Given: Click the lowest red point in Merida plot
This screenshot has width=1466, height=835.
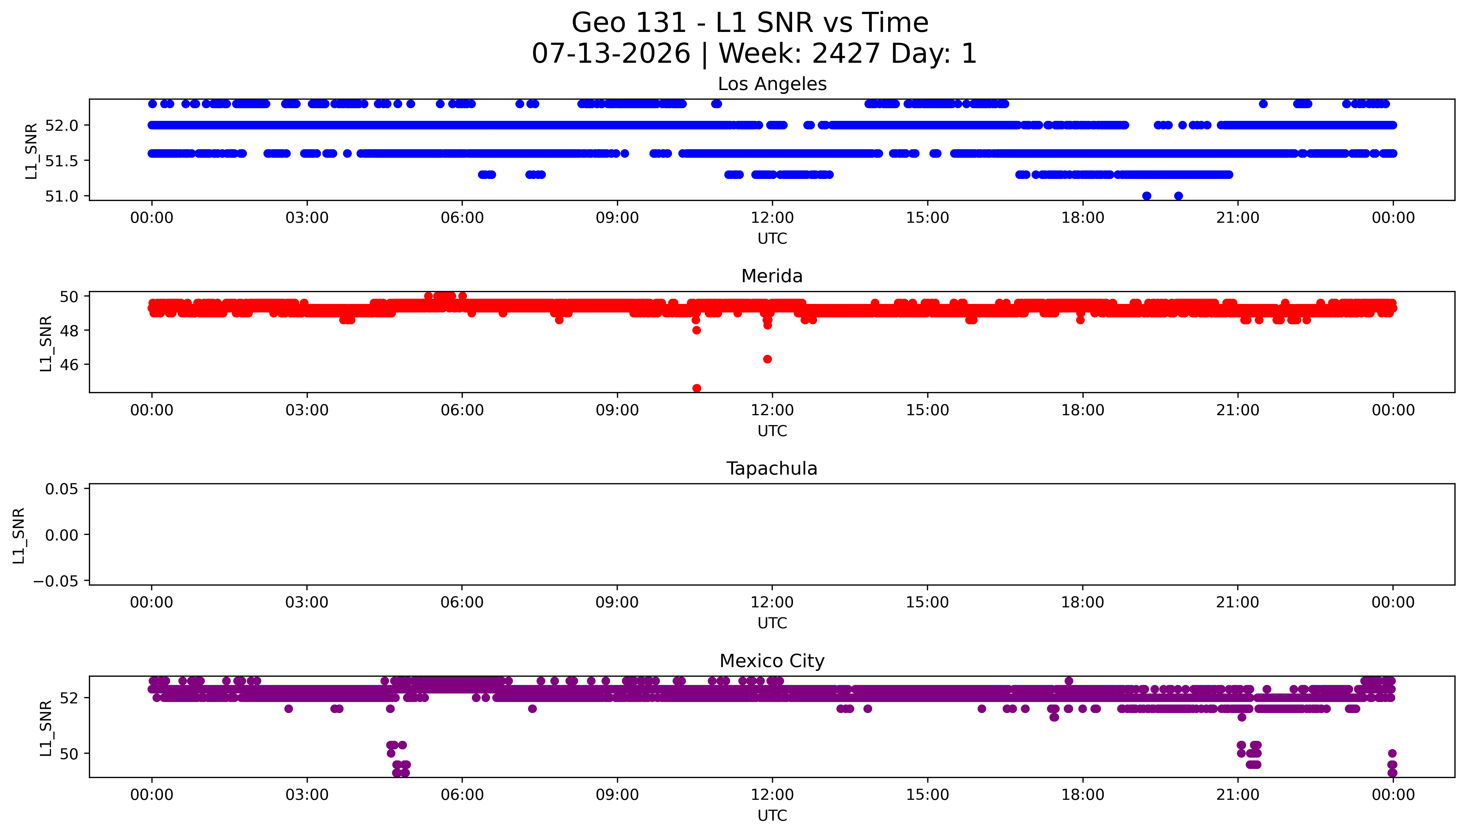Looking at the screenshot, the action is tap(697, 388).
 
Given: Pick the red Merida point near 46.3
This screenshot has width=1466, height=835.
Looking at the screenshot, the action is tap(767, 359).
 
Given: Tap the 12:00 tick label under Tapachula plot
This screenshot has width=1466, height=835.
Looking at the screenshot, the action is tap(772, 602).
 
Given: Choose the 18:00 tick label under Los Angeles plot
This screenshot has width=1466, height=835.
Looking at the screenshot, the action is tap(1082, 218).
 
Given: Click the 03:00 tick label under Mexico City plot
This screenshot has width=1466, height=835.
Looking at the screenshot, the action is tap(307, 795).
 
